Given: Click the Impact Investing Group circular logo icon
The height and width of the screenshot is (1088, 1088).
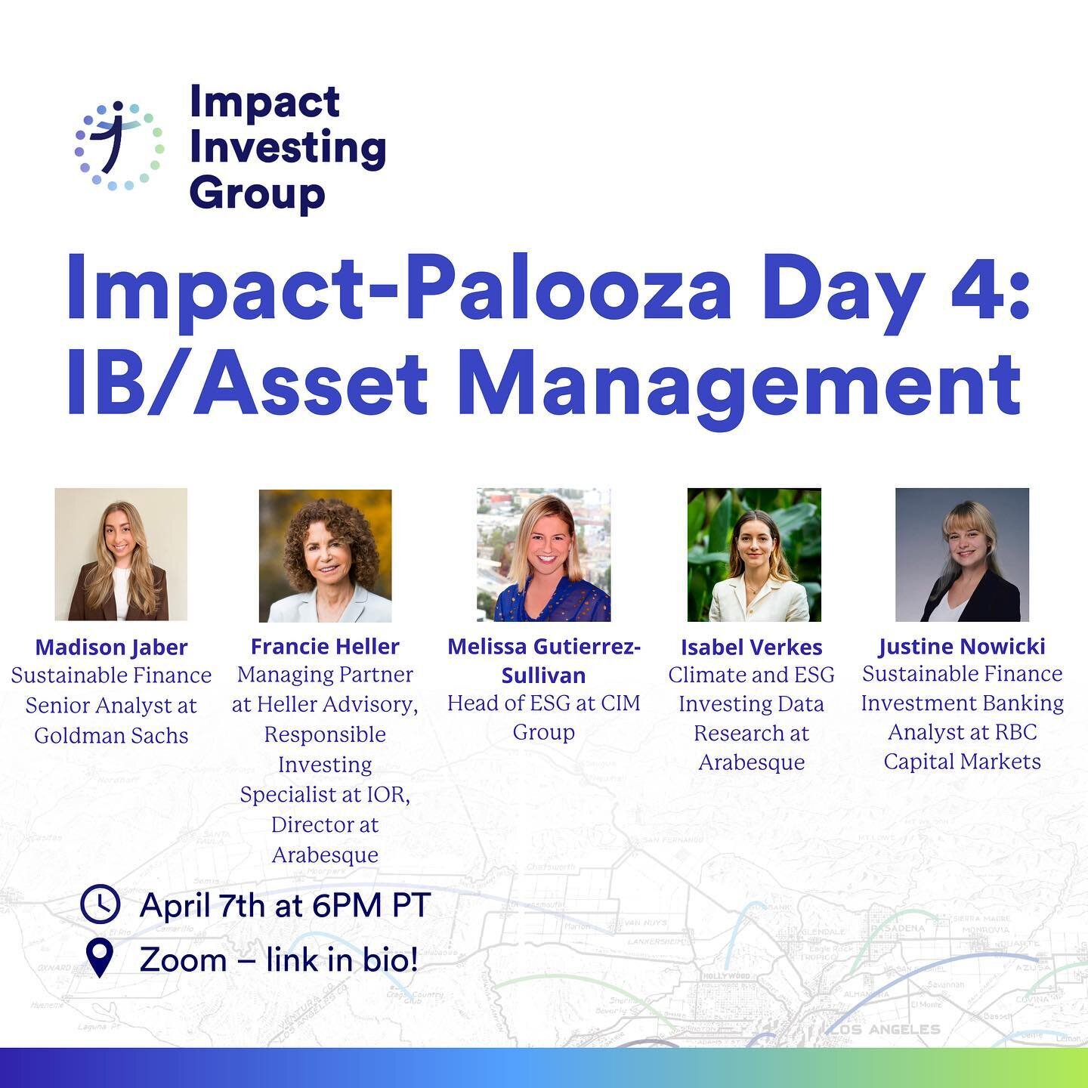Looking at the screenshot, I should coord(119,145).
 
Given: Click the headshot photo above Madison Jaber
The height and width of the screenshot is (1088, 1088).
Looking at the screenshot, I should coord(121,554).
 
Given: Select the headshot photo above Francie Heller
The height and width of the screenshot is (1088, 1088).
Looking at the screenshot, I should coord(325,555).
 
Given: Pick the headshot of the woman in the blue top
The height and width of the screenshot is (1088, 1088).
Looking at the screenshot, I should coord(543,555).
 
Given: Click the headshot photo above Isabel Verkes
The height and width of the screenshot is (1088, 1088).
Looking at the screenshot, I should coord(753,555).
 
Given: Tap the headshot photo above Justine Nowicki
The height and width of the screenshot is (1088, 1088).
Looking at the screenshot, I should coord(962,555).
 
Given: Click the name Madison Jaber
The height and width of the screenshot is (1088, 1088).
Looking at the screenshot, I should coord(111,647).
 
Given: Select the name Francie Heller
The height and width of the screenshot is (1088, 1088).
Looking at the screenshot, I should coord(325,646).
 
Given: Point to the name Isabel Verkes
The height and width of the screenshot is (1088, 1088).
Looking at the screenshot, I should coord(751,647).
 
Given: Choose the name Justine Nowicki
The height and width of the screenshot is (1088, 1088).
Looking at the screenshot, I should coord(962,646).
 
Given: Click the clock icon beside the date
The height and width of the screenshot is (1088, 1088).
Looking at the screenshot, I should coord(100,904).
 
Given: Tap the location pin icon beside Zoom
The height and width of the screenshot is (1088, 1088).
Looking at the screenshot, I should coord(100,958).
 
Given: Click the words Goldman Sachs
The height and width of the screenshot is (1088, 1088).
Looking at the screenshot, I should coord(111,734).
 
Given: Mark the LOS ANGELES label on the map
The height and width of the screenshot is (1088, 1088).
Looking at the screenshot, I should coord(884,1029).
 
